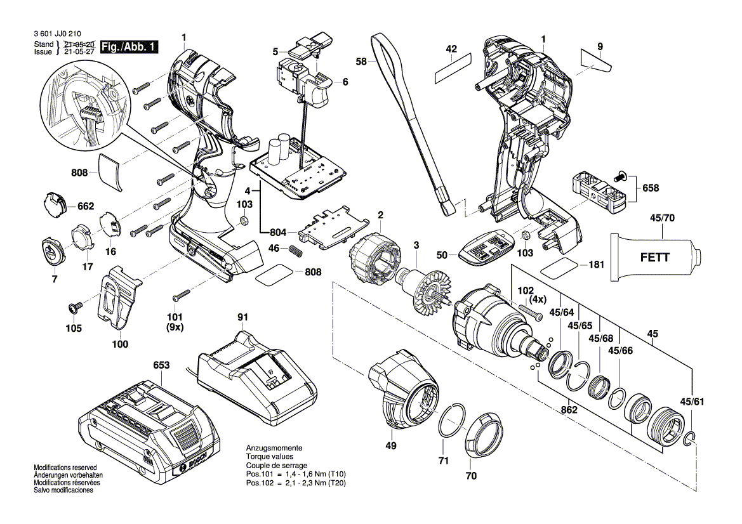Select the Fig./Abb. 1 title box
pos(131,46)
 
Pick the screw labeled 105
pos(74,308)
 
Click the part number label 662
pos(85,206)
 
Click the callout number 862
pos(569,410)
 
